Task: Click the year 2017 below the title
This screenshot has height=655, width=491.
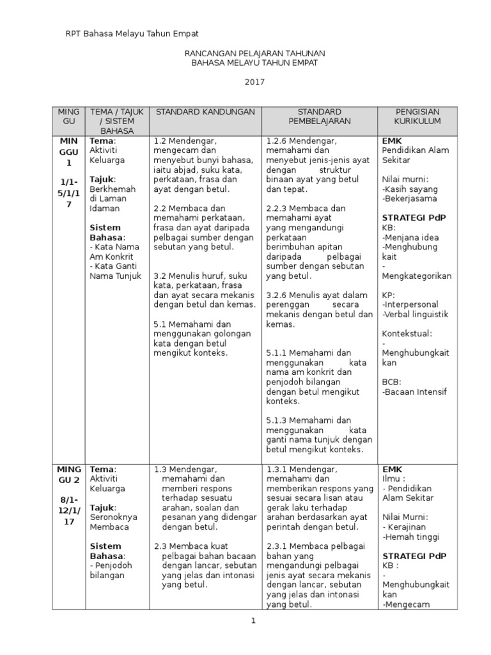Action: coord(254,82)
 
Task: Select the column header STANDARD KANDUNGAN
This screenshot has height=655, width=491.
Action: coord(205,111)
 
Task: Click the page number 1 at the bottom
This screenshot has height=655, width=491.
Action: coord(253,620)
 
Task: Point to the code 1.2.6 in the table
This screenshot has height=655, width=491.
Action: coord(277,141)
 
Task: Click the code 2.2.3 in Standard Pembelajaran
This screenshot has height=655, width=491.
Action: coord(277,209)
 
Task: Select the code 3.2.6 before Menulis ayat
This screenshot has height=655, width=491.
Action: coord(277,296)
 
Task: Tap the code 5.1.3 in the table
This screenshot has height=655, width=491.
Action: coord(277,420)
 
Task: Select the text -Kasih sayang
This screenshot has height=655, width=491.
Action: coord(410,189)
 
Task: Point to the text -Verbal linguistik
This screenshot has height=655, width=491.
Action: coord(416,315)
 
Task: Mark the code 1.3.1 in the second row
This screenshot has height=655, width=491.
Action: coord(277,468)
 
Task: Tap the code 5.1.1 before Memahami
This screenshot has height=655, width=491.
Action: coord(277,352)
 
